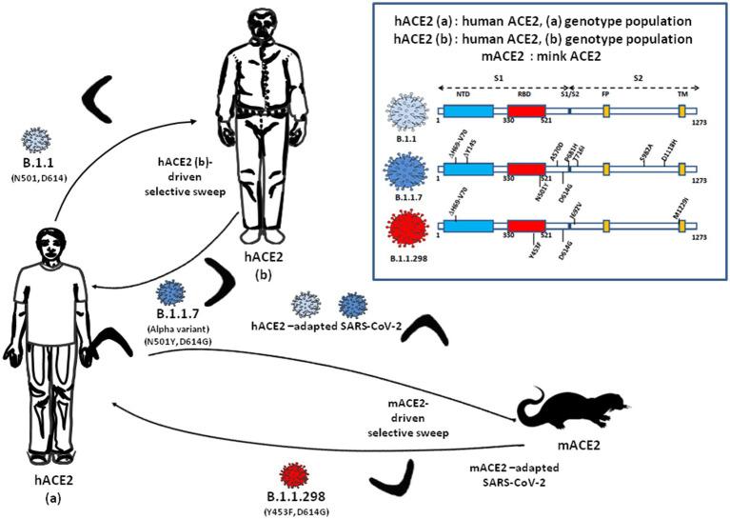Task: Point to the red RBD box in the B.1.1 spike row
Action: coord(525,112)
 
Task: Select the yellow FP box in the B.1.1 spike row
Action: coord(606,112)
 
